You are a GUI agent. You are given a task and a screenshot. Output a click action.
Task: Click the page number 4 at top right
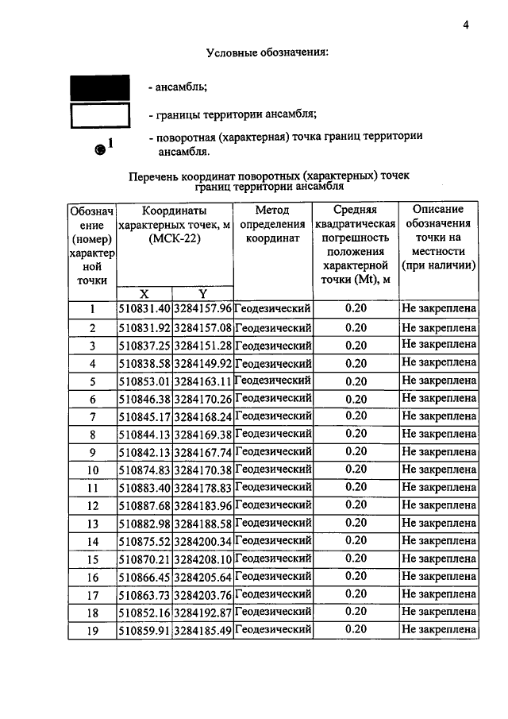tap(467, 25)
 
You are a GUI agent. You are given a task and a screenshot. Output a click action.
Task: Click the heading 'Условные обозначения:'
tap(267, 53)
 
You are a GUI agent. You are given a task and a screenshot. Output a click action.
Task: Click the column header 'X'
tap(144, 293)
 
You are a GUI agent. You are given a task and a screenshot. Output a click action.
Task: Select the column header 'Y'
tap(202, 293)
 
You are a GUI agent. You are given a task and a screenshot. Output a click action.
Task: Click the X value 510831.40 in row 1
tap(144, 309)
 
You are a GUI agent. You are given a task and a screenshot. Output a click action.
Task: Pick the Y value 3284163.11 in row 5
tap(202, 381)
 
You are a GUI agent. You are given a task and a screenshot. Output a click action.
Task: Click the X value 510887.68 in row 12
tap(144, 505)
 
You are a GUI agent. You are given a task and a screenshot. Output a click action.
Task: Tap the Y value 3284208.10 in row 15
tap(202, 559)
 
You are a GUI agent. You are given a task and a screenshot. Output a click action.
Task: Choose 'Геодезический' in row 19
tap(273, 629)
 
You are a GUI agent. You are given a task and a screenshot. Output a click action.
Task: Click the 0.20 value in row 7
tap(356, 416)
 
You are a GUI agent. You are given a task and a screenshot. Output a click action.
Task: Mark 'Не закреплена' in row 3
tap(438, 345)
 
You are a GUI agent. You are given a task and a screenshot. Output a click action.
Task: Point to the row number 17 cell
tap(92, 595)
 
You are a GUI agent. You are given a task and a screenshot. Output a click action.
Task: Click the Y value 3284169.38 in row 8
tap(202, 435)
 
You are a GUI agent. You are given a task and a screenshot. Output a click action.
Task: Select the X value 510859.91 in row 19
tap(144, 630)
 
